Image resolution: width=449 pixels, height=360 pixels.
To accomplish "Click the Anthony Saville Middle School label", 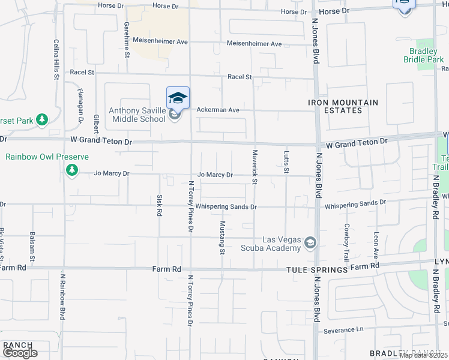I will coord(136,115).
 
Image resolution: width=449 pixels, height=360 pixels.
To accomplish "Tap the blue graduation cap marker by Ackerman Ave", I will coord(178,98).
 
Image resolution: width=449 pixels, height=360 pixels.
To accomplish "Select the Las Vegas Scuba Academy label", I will coord(270,244).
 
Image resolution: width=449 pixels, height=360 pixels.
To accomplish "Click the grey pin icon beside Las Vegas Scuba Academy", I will coord(310,242).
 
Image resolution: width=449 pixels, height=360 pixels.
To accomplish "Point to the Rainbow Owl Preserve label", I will coord(47,157).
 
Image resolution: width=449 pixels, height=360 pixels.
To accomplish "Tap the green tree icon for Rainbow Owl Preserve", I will coord(71,171).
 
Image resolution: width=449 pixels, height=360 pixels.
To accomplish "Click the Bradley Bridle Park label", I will coord(424,55).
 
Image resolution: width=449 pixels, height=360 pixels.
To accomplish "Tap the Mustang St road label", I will coord(222,238).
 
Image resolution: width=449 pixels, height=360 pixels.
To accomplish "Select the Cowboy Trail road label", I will coord(346,242).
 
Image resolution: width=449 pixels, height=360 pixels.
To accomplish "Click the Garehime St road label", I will coord(127,40).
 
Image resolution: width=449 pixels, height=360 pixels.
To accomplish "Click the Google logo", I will coord(20,353).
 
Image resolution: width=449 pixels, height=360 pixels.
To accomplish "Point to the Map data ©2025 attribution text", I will coord(424,355).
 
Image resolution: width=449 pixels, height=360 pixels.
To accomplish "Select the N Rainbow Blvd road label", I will coord(62,298).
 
